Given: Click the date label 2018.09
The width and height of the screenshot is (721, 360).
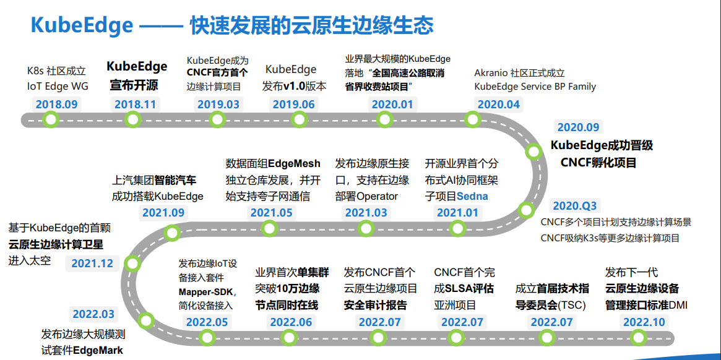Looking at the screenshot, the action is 57,105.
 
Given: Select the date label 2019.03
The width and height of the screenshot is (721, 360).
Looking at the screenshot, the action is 218,105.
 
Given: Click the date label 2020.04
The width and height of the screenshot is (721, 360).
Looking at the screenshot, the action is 499,105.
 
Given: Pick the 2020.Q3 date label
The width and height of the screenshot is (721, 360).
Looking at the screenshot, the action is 575,206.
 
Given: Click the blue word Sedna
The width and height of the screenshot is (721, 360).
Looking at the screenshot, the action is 472,196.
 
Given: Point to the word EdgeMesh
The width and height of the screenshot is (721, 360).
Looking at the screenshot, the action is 294,164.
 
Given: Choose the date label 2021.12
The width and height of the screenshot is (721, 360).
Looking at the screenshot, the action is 92,263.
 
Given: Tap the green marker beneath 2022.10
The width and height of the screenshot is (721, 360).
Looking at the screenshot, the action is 637,337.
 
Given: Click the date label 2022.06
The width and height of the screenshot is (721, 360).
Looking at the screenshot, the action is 291,322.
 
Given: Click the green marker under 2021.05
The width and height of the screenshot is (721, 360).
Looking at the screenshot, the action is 270,229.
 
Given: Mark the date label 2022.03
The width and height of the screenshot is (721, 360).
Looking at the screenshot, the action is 93,314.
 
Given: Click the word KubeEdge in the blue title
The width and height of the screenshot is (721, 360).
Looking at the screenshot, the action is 82,25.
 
